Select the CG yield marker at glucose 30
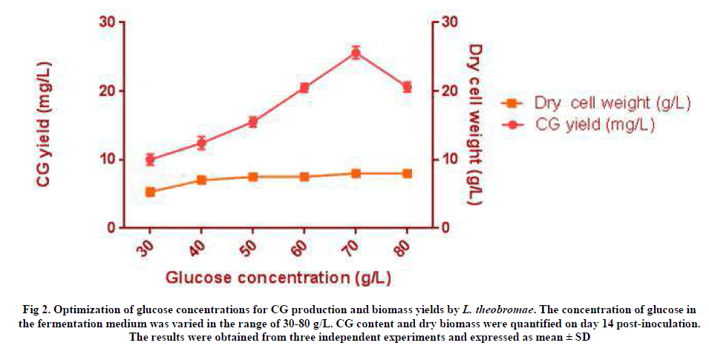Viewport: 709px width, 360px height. (150, 159)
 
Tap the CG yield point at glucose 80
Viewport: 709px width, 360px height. (407, 87)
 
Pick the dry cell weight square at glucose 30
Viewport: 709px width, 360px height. (150, 192)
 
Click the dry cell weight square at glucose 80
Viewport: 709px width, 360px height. (407, 174)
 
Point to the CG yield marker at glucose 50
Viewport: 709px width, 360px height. (252, 122)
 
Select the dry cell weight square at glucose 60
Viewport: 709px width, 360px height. (304, 177)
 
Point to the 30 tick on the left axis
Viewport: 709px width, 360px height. (106, 22)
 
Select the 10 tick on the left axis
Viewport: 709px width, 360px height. (106, 159)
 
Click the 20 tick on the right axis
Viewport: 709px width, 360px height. (448, 91)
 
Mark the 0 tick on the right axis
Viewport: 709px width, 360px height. (444, 227)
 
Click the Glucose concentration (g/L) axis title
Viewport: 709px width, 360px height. (278, 278)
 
